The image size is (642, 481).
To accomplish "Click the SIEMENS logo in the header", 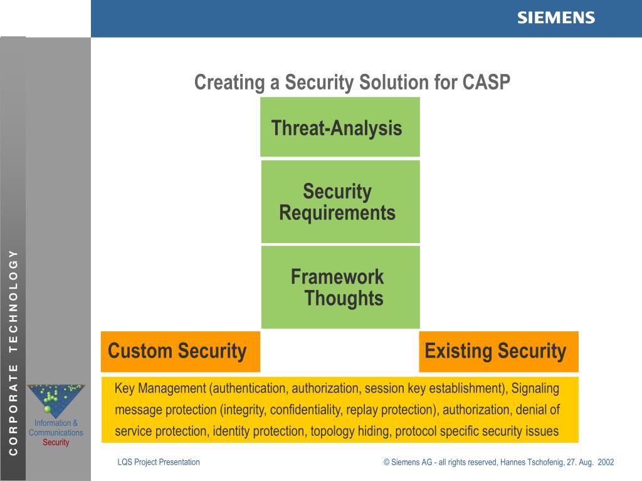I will pyautogui.click(x=555, y=18).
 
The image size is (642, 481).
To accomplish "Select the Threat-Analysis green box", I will pyautogui.click(x=340, y=127).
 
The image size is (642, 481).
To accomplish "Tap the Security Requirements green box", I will pyautogui.click(x=340, y=202).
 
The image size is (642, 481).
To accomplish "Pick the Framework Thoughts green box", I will pyautogui.click(x=340, y=287).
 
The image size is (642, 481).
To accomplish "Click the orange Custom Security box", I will pyautogui.click(x=181, y=351).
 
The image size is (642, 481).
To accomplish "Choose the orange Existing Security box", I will pyautogui.click(x=498, y=351).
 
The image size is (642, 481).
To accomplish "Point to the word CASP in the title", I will pyautogui.click(x=487, y=82).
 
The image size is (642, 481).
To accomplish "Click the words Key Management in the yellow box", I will pyautogui.click(x=161, y=388).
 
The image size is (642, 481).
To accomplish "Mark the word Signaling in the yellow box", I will pyautogui.click(x=535, y=388).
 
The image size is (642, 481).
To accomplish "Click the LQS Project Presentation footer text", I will pyautogui.click(x=159, y=462).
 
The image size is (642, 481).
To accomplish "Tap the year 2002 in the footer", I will pyautogui.click(x=606, y=462).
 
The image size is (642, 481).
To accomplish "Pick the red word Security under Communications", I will pyautogui.click(x=56, y=442).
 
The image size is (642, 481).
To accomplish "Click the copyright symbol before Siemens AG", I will pyautogui.click(x=387, y=462).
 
